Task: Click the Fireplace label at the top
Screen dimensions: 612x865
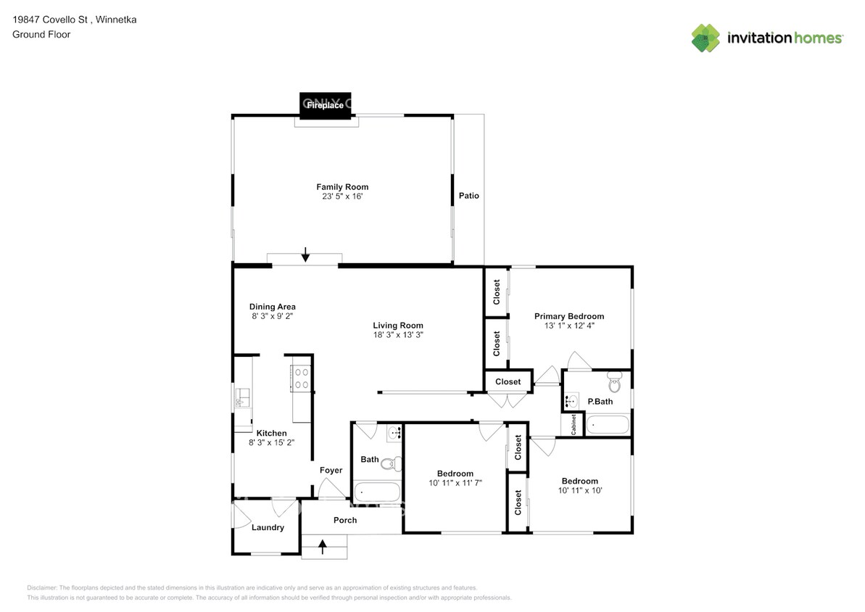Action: [324, 105]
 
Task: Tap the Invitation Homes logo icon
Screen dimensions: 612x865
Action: [705, 38]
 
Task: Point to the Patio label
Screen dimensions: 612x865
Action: [468, 196]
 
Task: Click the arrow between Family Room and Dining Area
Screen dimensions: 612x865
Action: [306, 254]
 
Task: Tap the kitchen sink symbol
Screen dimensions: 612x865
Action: [242, 397]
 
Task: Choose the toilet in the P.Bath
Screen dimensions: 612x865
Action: [615, 379]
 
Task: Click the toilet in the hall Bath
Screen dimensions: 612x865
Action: [392, 463]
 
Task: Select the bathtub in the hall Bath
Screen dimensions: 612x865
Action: [376, 493]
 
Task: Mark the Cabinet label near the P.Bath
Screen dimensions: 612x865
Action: [573, 423]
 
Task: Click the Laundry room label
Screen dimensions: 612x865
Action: [268, 527]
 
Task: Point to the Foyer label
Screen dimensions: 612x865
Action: [331, 471]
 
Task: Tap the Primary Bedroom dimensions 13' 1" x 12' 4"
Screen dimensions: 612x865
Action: [568, 326]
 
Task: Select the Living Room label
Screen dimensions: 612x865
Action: [398, 326]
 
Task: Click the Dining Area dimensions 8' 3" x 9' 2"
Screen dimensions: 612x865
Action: [273, 316]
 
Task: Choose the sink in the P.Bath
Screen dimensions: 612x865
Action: [571, 400]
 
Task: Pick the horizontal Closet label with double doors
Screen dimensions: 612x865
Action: [508, 381]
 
